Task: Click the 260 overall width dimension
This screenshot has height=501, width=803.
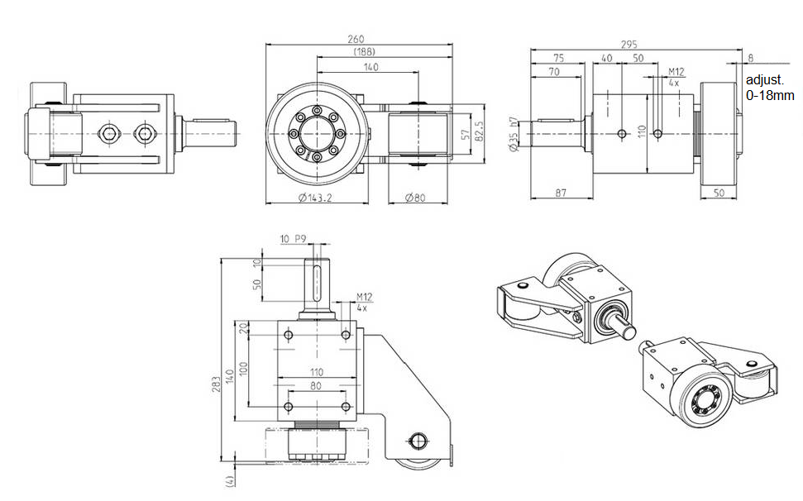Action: pos(356,39)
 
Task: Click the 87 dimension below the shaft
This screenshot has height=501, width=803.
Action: pos(560,193)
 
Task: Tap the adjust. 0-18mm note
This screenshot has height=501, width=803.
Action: pos(770,88)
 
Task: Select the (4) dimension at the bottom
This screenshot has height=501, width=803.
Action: pos(230,479)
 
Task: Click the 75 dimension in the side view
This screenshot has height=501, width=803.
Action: pos(559,59)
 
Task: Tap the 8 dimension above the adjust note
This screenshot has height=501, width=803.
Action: pos(749,59)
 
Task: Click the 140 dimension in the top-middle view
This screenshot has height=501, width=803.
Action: pos(370,66)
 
